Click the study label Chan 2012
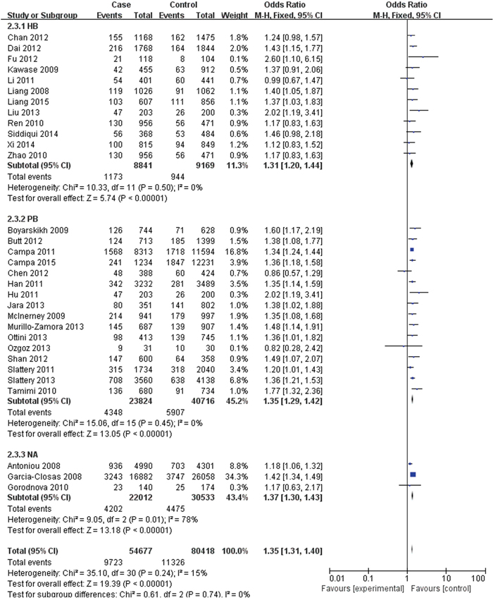click(23, 35)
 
